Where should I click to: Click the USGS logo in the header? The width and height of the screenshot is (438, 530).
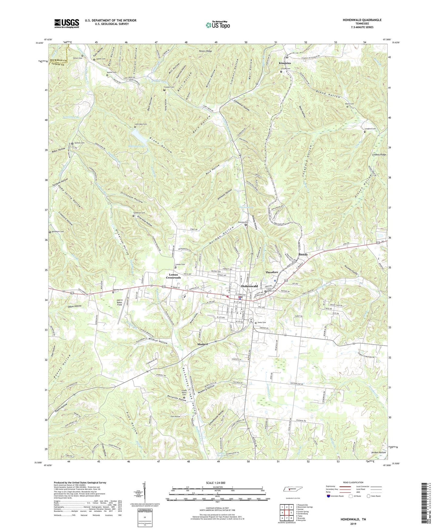click(x=67, y=23)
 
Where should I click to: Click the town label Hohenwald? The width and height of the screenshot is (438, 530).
click(x=249, y=286)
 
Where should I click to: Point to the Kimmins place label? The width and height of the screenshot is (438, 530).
click(x=285, y=63)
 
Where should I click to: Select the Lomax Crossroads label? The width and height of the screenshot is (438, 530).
click(x=173, y=276)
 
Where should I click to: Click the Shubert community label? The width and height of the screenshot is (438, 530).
click(x=202, y=344)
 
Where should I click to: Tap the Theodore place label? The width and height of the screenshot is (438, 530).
click(x=272, y=272)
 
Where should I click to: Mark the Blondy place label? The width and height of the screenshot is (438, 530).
click(x=303, y=254)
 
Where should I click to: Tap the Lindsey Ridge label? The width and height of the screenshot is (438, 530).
click(x=379, y=155)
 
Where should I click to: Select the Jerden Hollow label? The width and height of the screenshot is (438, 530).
click(x=378, y=452)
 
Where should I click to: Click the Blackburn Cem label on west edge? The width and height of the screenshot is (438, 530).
click(x=58, y=232)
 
